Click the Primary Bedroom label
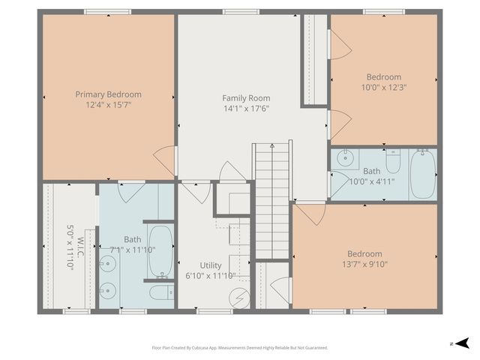point(108,94)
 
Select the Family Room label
point(246,98)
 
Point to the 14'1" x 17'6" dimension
point(246,109)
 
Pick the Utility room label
point(211,265)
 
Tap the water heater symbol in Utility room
point(239,298)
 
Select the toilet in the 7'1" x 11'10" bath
point(160,292)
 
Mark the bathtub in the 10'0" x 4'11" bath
point(423,173)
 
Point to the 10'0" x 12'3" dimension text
point(384,88)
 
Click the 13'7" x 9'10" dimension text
point(364,265)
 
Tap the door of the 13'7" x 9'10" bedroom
point(309,213)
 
